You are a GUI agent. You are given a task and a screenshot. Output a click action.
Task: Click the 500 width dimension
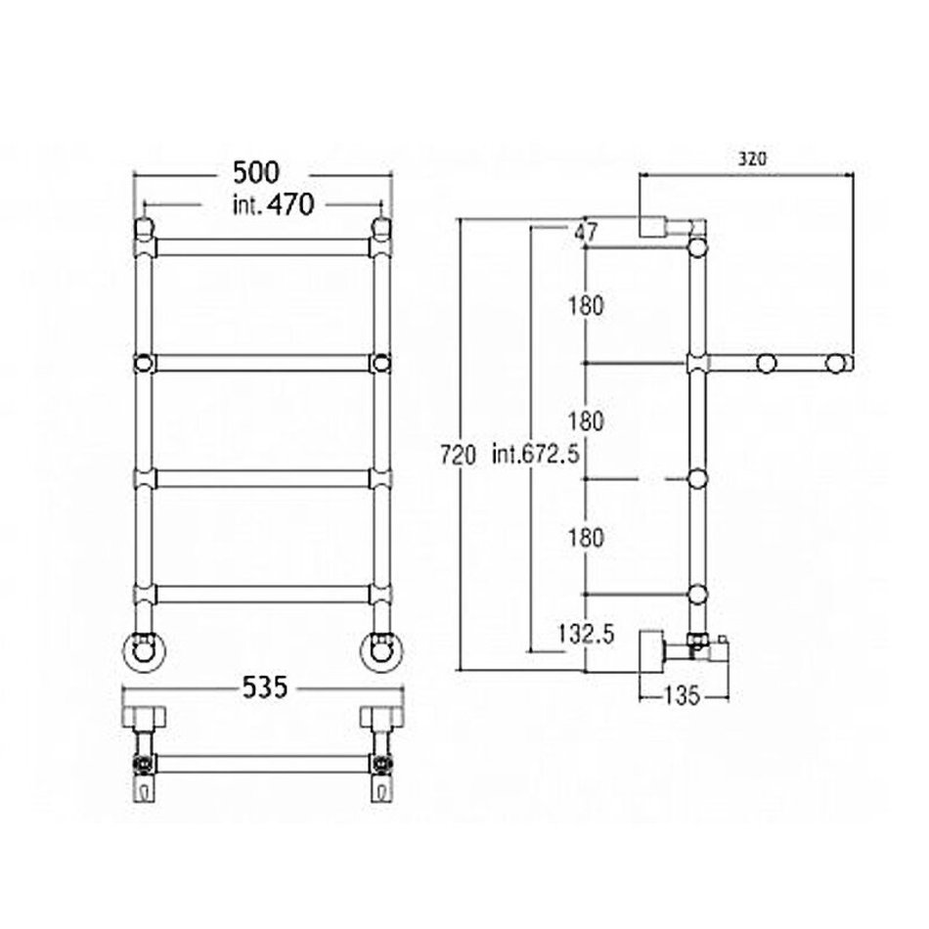[x=255, y=173]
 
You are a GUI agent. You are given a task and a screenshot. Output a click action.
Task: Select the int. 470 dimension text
[x=273, y=205]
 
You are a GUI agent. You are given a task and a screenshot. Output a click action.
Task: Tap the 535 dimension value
[x=265, y=687]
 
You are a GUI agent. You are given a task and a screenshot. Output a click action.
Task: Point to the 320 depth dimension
[x=752, y=158]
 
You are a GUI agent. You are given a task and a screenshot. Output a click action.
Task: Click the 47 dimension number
[x=586, y=232]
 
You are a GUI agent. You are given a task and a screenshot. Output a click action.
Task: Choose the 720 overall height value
[x=458, y=456]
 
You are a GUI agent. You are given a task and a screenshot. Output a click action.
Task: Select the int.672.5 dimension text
[x=536, y=455]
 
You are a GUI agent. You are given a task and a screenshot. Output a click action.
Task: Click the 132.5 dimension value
[x=586, y=635]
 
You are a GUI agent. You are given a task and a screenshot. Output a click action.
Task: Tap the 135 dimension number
[x=682, y=695]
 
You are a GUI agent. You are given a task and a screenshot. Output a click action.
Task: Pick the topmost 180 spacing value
[x=586, y=306]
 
